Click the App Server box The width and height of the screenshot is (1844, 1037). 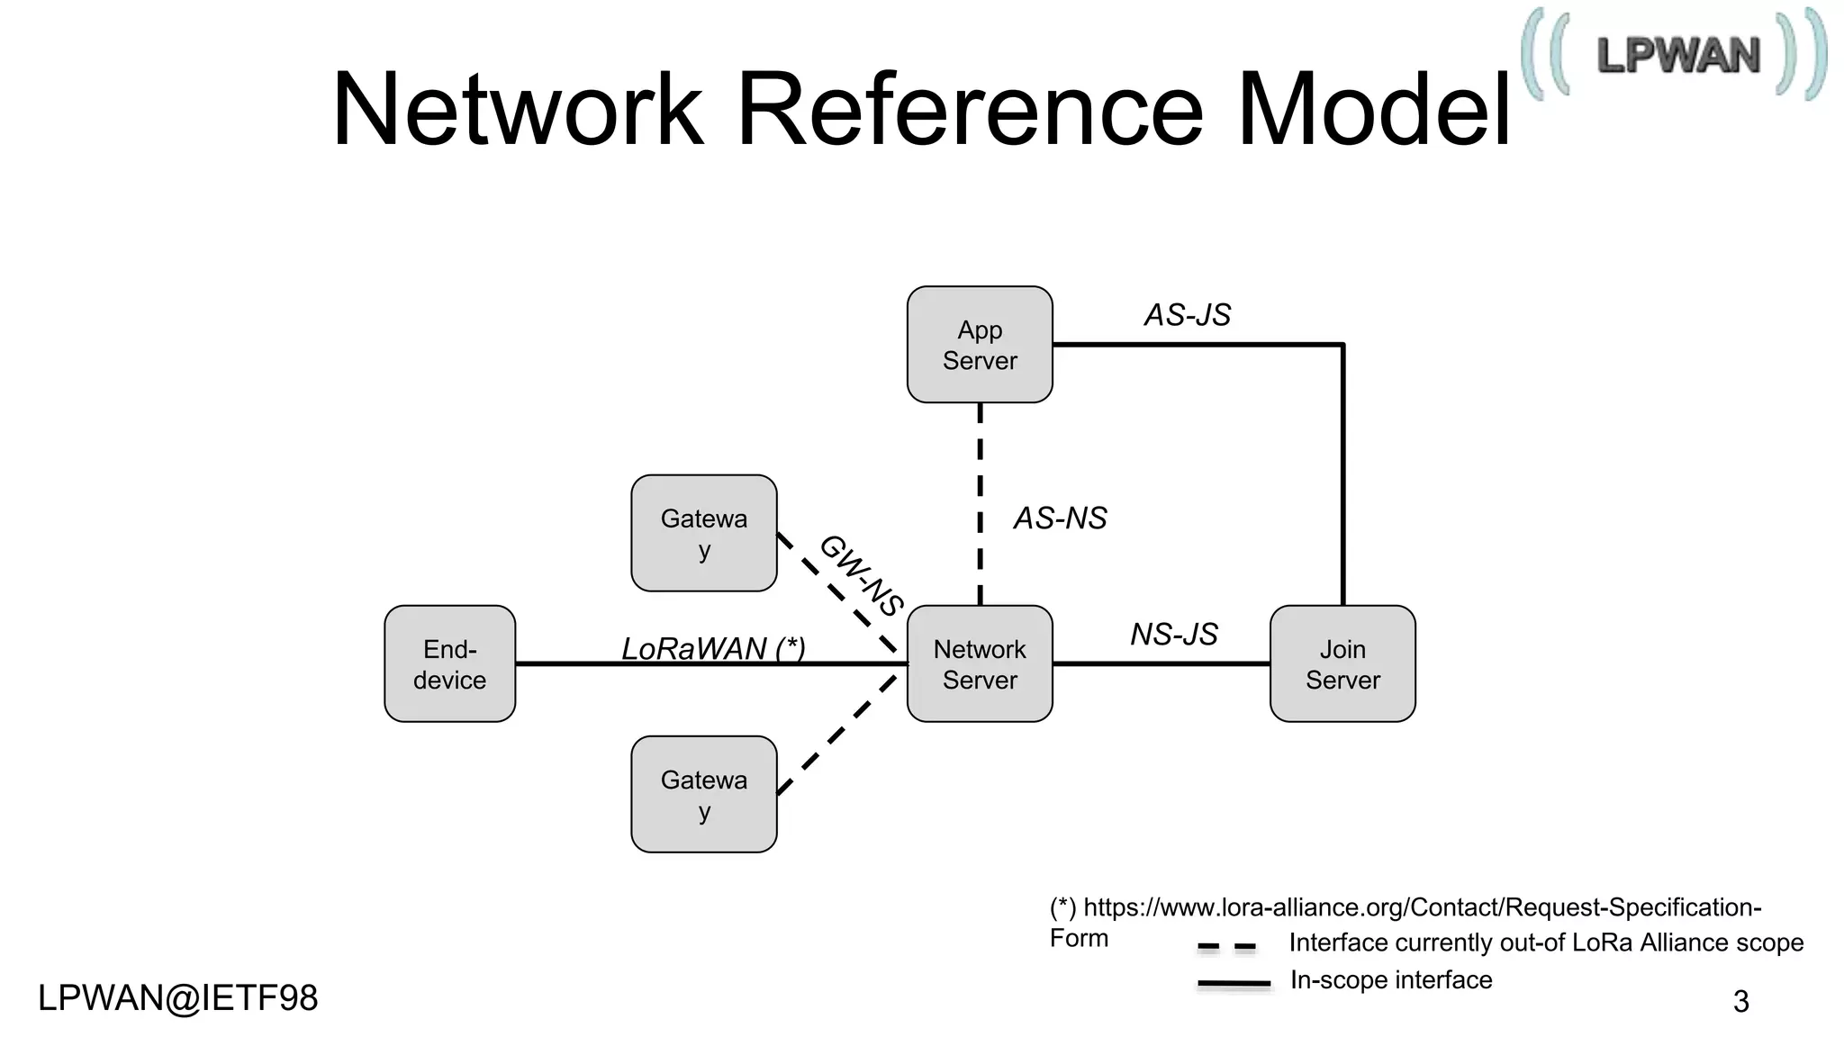980,345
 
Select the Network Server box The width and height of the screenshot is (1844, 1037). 980,664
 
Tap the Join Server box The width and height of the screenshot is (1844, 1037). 1342,664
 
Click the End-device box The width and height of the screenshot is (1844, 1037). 449,664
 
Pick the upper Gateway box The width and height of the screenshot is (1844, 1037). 704,533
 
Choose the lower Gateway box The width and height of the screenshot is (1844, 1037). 704,794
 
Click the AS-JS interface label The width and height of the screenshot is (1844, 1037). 1187,315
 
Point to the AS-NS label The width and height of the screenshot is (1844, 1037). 1060,518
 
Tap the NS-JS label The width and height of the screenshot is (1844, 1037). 1173,635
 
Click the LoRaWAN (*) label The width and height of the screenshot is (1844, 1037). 713,648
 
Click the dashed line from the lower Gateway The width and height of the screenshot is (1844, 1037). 837,734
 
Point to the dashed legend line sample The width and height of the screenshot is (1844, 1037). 1226,947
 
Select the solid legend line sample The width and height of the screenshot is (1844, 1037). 1234,984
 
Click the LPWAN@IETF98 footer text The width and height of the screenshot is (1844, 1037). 178,998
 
